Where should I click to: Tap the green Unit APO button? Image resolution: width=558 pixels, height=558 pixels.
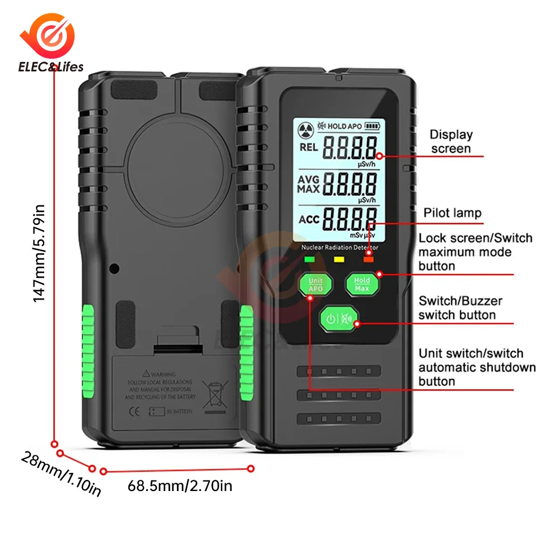[315, 284]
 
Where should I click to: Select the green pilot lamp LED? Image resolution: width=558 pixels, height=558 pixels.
[308, 258]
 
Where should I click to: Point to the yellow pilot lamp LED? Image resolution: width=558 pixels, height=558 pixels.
[338, 258]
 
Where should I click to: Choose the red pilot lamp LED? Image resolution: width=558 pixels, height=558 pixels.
[368, 258]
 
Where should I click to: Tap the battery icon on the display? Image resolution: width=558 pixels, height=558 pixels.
[372, 126]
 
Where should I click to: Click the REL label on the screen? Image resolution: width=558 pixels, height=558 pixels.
[308, 147]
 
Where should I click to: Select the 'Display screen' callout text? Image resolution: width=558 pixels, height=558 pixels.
[451, 142]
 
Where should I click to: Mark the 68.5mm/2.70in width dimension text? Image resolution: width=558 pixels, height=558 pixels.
[180, 485]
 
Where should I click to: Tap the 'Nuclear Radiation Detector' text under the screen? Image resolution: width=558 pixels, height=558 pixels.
[339, 247]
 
